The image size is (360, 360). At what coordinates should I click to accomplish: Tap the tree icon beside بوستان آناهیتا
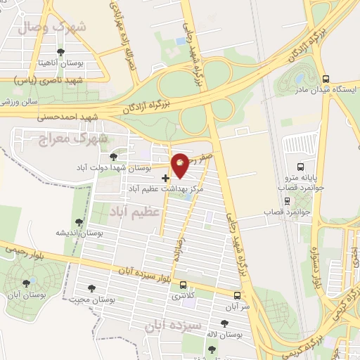(x=61, y=52)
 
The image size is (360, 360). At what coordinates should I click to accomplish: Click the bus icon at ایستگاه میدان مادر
(x=324, y=79)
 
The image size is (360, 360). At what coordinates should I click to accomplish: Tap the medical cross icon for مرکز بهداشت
(x=165, y=179)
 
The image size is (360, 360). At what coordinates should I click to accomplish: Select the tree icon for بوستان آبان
(x=27, y=283)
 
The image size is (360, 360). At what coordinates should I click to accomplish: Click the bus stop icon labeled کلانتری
(x=184, y=285)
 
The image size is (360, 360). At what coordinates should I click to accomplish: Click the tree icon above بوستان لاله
(x=224, y=323)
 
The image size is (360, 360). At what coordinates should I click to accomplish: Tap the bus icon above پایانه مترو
(x=300, y=167)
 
